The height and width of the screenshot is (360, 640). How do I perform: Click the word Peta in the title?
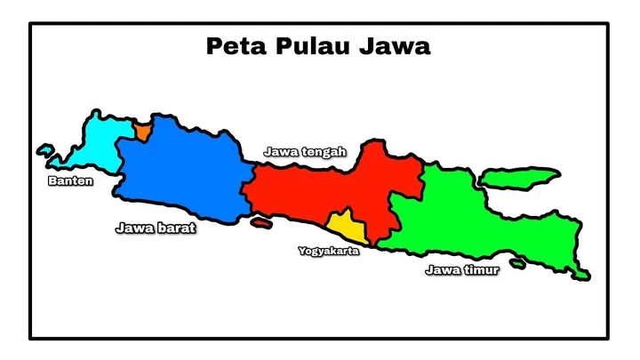point(233,46)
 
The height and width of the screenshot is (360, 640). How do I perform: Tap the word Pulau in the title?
point(307,46)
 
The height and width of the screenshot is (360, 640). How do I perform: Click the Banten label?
point(69,182)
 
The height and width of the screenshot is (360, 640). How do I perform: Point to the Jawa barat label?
point(156,228)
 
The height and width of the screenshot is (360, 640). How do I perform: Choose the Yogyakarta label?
point(329,252)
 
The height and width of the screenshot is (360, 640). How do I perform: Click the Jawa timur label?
point(462,270)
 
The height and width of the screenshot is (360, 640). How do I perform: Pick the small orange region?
point(142,132)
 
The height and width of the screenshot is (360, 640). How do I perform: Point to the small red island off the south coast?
point(260,222)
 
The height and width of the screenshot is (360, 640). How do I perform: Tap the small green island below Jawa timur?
point(517,264)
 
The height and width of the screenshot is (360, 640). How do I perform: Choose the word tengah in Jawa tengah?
point(324,152)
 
